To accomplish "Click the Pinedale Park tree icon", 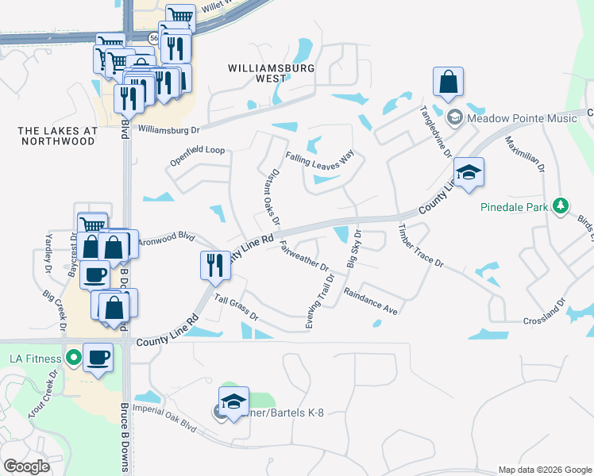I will tap(561, 206).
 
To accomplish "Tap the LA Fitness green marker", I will tap(73, 358).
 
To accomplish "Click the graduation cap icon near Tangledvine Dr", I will tap(469, 173).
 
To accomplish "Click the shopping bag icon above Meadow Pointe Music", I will tap(448, 82).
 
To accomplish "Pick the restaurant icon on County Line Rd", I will tap(214, 264).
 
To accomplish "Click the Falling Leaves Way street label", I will tap(319, 159).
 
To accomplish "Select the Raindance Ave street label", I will tap(370, 301).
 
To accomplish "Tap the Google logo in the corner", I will tap(27, 466).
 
